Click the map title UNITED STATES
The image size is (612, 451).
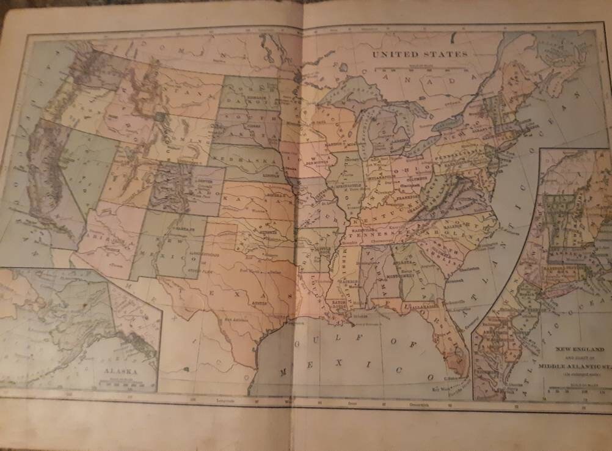click(420, 54)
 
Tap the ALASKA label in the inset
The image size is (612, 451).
click(121, 370)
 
